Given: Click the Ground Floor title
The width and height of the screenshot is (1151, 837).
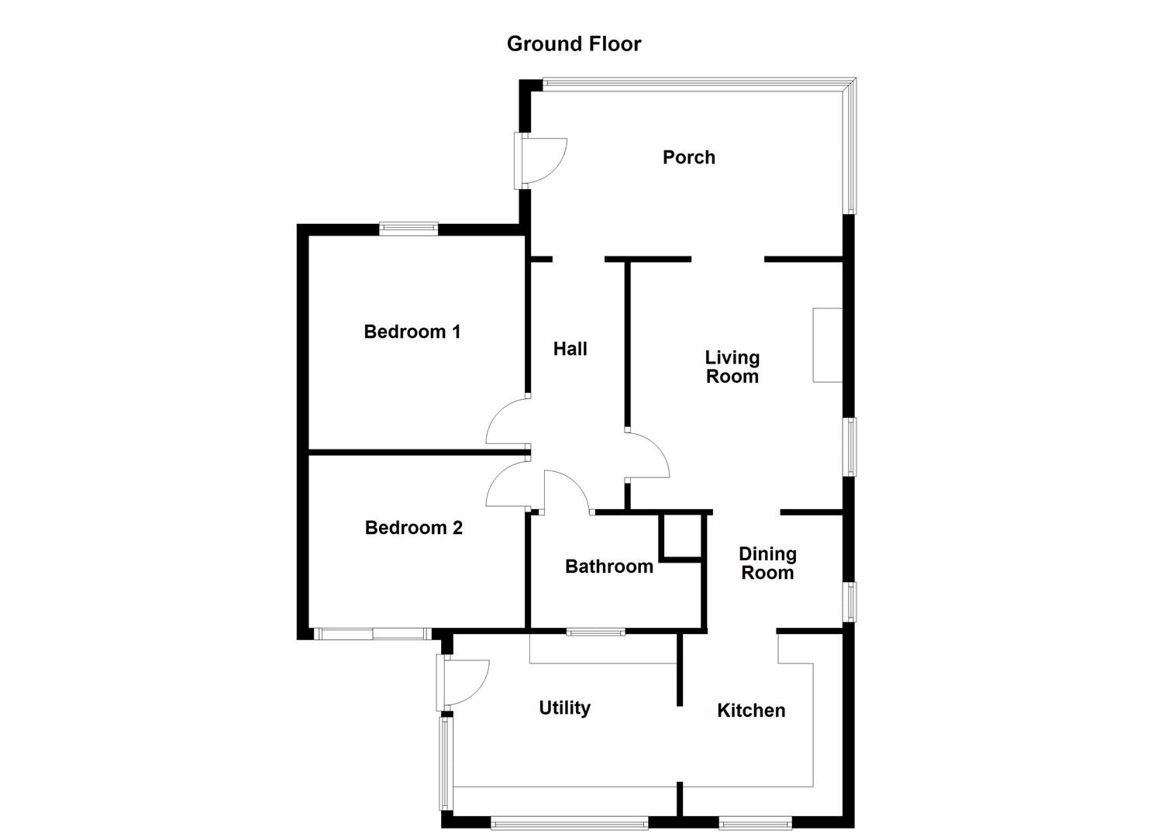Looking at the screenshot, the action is (x=574, y=44).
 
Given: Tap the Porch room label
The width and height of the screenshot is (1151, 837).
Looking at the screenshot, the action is (x=688, y=157).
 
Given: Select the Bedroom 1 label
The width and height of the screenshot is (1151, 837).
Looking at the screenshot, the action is (x=412, y=332).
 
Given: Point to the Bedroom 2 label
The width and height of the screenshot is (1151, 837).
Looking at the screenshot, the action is (x=414, y=528).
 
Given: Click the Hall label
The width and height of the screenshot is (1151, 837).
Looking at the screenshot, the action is (x=570, y=349).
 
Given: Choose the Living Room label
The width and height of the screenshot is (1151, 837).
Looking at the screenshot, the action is (x=732, y=367).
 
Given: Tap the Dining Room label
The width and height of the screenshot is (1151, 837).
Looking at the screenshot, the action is (x=767, y=563).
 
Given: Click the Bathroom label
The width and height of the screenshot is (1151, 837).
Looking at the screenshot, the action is (x=609, y=567).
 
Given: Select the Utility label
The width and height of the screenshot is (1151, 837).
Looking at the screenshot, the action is (x=565, y=708).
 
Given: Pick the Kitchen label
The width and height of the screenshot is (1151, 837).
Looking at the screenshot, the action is (x=751, y=711).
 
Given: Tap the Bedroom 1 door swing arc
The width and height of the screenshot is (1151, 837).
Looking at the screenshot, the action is (x=492, y=415).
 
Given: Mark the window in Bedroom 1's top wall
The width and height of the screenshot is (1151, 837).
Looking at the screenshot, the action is (x=408, y=229).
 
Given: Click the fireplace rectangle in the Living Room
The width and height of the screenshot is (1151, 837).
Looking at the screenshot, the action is (x=827, y=346).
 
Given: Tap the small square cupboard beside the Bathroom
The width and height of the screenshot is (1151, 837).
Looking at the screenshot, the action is (x=680, y=536).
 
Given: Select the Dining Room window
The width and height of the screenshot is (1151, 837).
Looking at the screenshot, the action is (x=852, y=601).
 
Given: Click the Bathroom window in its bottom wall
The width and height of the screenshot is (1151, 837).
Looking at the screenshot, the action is (x=596, y=632).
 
